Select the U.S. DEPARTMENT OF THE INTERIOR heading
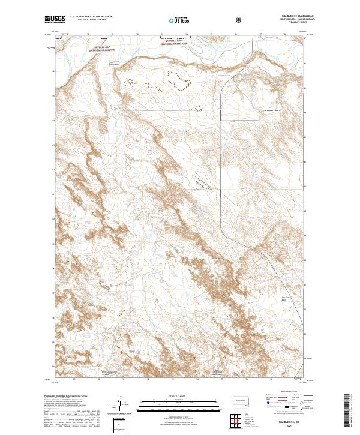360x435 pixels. pyautogui.click(x=89, y=17)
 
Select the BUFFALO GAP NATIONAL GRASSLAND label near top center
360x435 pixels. pyautogui.click(x=174, y=43)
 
